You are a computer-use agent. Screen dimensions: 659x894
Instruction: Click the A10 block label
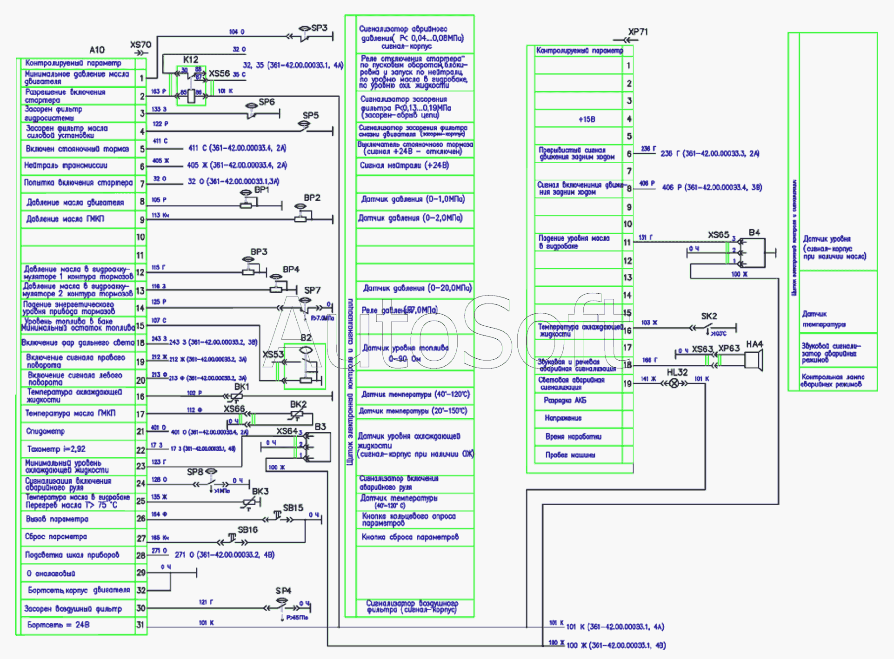click(x=97, y=50)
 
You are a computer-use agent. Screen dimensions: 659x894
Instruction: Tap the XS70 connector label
click(x=140, y=45)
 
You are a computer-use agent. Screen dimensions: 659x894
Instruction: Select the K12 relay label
click(x=190, y=59)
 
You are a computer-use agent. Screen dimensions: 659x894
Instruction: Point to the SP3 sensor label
click(x=320, y=28)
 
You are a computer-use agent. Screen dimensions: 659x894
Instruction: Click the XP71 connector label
click(x=638, y=32)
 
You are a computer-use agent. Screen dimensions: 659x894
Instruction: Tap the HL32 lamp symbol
click(x=673, y=383)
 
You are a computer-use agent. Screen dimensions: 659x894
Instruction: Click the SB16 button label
click(x=247, y=530)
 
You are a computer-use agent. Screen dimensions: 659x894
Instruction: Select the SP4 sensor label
click(x=283, y=591)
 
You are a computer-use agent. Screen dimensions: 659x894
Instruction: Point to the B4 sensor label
click(x=754, y=232)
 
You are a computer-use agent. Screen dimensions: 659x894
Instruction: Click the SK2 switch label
click(x=709, y=316)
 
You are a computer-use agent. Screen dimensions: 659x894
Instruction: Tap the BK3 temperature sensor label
click(x=260, y=491)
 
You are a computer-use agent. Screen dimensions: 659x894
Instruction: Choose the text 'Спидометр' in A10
click(x=45, y=431)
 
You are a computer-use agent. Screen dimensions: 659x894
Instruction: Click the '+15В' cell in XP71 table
click(x=587, y=119)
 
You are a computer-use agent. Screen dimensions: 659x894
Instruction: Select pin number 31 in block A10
click(x=140, y=625)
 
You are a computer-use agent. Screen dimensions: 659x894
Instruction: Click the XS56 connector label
click(x=219, y=73)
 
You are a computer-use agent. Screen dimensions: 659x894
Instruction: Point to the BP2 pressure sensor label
click(x=312, y=198)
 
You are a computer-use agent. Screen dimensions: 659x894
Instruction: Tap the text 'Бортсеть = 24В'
click(x=58, y=625)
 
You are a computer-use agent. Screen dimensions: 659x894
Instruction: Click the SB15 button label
click(x=293, y=507)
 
